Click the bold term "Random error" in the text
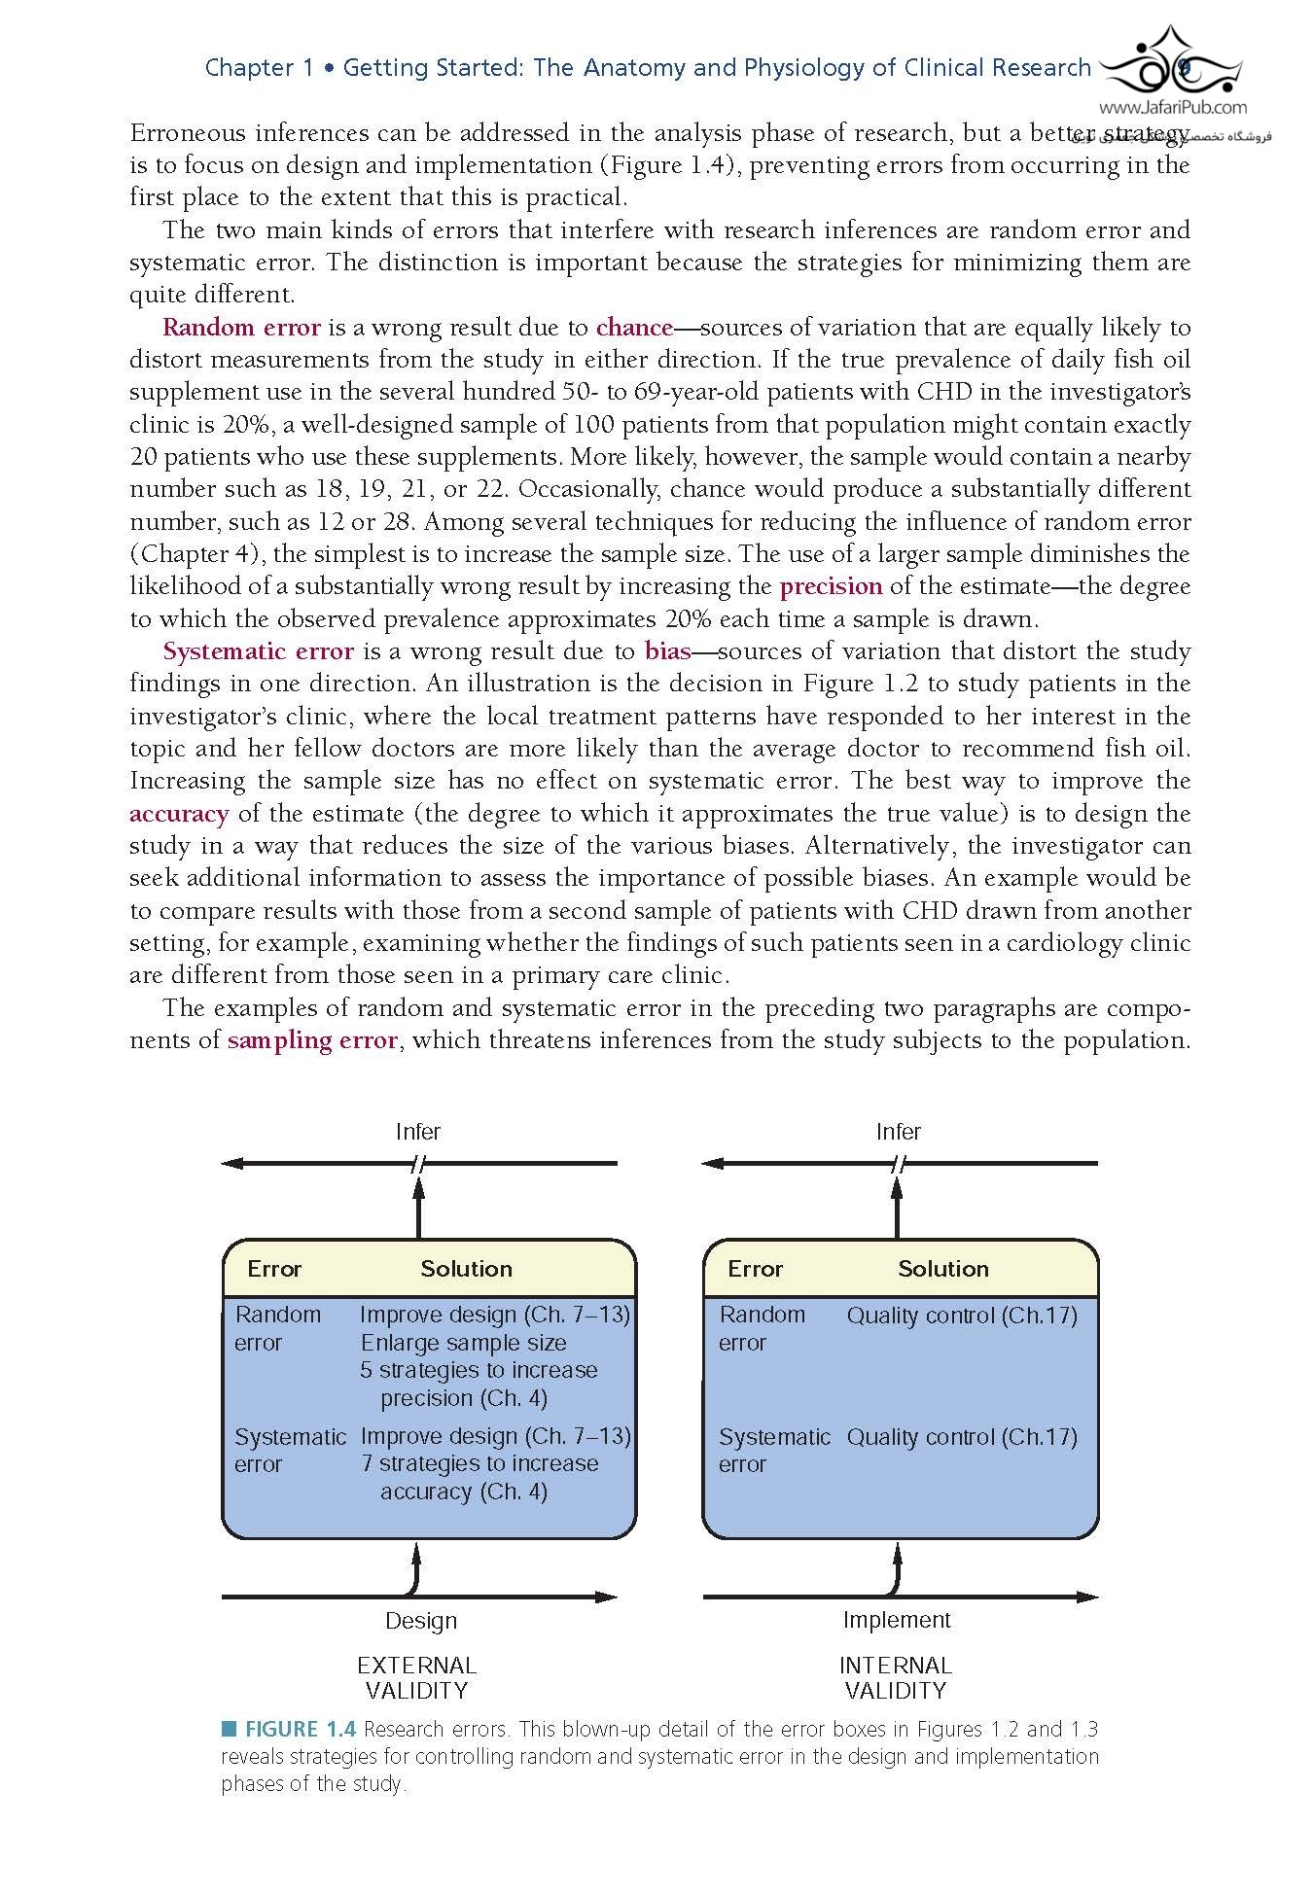(x=241, y=328)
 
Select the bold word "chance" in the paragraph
(x=634, y=328)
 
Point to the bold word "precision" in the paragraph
(x=831, y=587)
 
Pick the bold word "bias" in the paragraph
(x=667, y=651)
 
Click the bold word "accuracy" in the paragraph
(x=179, y=814)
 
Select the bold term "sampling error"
(x=312, y=1040)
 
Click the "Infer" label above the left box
(x=418, y=1132)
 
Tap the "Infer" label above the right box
(x=898, y=1132)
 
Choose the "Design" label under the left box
(x=421, y=1621)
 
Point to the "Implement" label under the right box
(x=897, y=1620)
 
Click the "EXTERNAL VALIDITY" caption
(x=417, y=1678)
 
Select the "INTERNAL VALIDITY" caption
(x=896, y=1678)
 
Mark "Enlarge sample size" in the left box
(x=463, y=1343)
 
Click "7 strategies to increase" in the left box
(x=479, y=1463)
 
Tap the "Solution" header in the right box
(x=943, y=1269)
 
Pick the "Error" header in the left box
(x=274, y=1269)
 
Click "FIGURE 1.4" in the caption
(x=300, y=1730)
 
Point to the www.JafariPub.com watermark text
(x=1173, y=109)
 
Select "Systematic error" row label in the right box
(x=774, y=1450)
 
